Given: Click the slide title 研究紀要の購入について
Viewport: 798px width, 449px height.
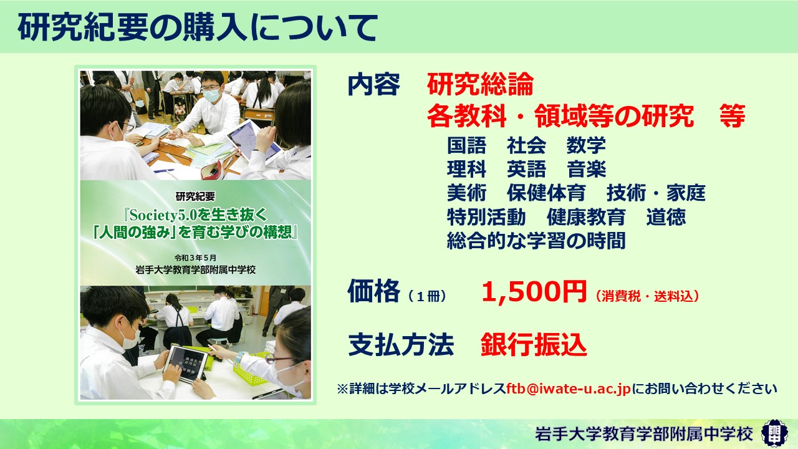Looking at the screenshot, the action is pyautogui.click(x=198, y=27).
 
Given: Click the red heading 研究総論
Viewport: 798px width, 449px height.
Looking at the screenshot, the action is pyautogui.click(x=480, y=84).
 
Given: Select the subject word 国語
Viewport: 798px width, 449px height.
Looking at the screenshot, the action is pyautogui.click(x=466, y=145).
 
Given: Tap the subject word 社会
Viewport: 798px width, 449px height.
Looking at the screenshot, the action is pyautogui.click(x=526, y=145).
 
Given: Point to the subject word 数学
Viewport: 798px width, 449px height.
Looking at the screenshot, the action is pyautogui.click(x=586, y=145).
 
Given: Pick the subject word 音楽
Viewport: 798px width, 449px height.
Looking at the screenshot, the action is pyautogui.click(x=586, y=169).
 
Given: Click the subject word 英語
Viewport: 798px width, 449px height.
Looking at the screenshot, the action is pyautogui.click(x=526, y=169).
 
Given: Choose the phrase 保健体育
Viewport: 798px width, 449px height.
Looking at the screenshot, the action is pyautogui.click(x=546, y=193).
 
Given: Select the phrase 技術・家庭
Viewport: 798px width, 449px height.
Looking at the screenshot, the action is pyautogui.click(x=656, y=193).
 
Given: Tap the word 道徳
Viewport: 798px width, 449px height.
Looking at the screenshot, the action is pyautogui.click(x=666, y=216).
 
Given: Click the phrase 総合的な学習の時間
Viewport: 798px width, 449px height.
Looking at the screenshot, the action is pyautogui.click(x=536, y=241).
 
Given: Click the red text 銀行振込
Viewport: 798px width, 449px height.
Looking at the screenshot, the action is pyautogui.click(x=534, y=345).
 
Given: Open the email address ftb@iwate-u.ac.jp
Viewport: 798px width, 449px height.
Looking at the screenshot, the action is pyautogui.click(x=569, y=389).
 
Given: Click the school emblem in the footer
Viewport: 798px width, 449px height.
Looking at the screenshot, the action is pyautogui.click(x=775, y=433).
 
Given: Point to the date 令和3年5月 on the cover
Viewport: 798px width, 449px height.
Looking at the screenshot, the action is pyautogui.click(x=195, y=258).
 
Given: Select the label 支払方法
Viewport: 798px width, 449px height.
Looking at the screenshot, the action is pyautogui.click(x=401, y=345).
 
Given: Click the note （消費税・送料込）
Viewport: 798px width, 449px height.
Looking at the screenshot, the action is pyautogui.click(x=647, y=296).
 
